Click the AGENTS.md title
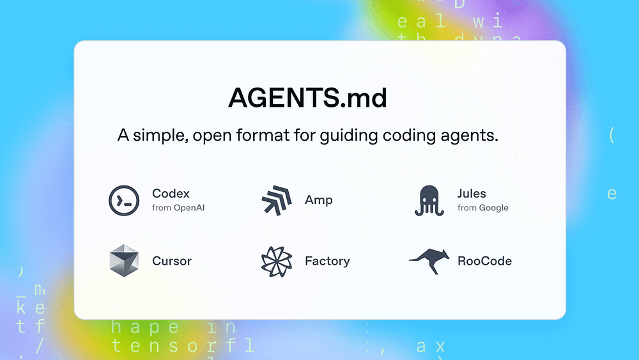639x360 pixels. (x=307, y=98)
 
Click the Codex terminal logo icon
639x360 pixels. (x=124, y=200)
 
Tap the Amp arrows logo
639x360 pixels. (x=277, y=200)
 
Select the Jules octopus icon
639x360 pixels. (x=429, y=200)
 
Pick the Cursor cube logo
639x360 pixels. (x=124, y=261)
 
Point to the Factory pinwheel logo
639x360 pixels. (x=277, y=261)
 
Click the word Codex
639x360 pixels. (x=171, y=194)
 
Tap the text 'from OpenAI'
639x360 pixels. (x=178, y=208)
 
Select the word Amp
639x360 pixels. (x=318, y=200)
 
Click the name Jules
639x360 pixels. (x=472, y=194)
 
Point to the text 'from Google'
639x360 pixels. (x=483, y=208)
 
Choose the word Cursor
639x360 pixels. (x=172, y=261)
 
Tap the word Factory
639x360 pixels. (x=327, y=261)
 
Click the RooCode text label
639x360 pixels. (x=484, y=261)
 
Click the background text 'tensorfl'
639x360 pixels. (x=182, y=346)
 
